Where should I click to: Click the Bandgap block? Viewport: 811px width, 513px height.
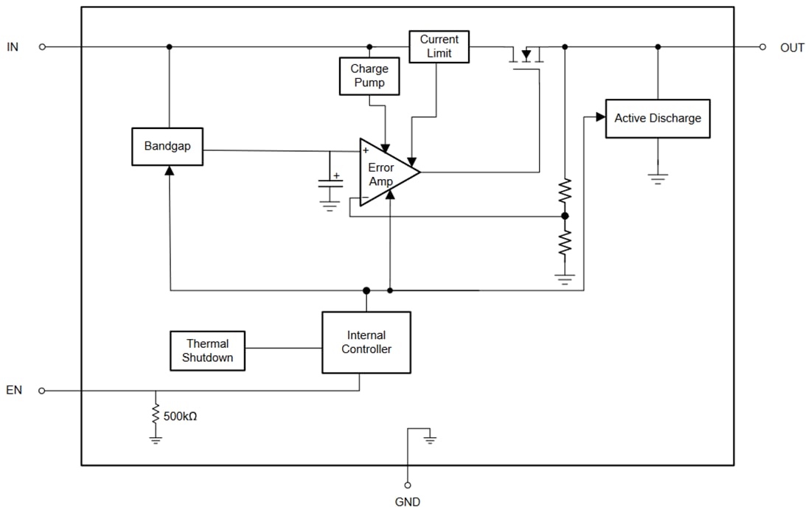click(167, 146)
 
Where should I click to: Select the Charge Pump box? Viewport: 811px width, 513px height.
click(369, 76)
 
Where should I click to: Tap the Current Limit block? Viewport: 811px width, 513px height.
click(439, 46)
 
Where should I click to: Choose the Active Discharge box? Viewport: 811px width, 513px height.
click(658, 119)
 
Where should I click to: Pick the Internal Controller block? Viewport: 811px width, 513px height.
click(366, 342)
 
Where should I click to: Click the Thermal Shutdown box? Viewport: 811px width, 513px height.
click(208, 351)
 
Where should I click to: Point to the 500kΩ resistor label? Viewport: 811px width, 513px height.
click(180, 416)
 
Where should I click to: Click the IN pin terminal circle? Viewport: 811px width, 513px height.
click(42, 46)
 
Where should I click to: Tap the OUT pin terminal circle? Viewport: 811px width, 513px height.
click(762, 46)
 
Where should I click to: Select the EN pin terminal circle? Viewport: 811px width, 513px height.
click(42, 391)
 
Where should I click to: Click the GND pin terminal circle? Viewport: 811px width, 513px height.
click(407, 485)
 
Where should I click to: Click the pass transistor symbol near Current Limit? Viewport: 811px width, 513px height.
click(526, 56)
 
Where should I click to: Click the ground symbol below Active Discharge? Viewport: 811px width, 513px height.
click(658, 178)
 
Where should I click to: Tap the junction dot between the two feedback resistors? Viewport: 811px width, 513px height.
click(565, 216)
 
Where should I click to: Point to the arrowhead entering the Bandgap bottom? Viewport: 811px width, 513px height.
click(170, 170)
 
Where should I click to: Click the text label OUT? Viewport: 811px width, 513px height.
click(792, 47)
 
